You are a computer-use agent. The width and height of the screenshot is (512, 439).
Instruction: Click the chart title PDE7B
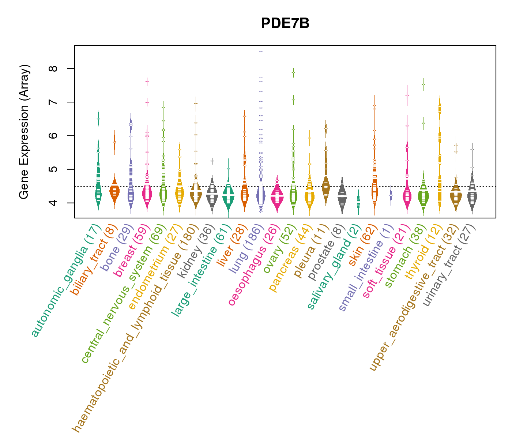pos(285,23)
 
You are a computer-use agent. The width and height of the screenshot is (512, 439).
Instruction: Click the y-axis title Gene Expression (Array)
pos(24,132)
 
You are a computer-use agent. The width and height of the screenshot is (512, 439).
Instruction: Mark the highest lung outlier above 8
pos(261,52)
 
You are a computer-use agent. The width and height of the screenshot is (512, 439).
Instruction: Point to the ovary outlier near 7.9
pos(293,73)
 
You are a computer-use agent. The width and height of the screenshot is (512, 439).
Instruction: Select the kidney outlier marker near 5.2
pos(212,161)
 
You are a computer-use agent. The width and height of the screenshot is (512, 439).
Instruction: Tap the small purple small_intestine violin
pos(391,195)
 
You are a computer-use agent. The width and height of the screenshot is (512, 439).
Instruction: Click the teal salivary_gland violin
pos(358,201)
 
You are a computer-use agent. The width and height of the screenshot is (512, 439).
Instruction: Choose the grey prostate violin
pos(342,198)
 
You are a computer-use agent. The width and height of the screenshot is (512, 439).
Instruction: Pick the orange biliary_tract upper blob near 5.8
pos(114,142)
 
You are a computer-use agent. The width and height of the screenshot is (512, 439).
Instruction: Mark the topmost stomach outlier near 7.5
pos(423,85)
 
